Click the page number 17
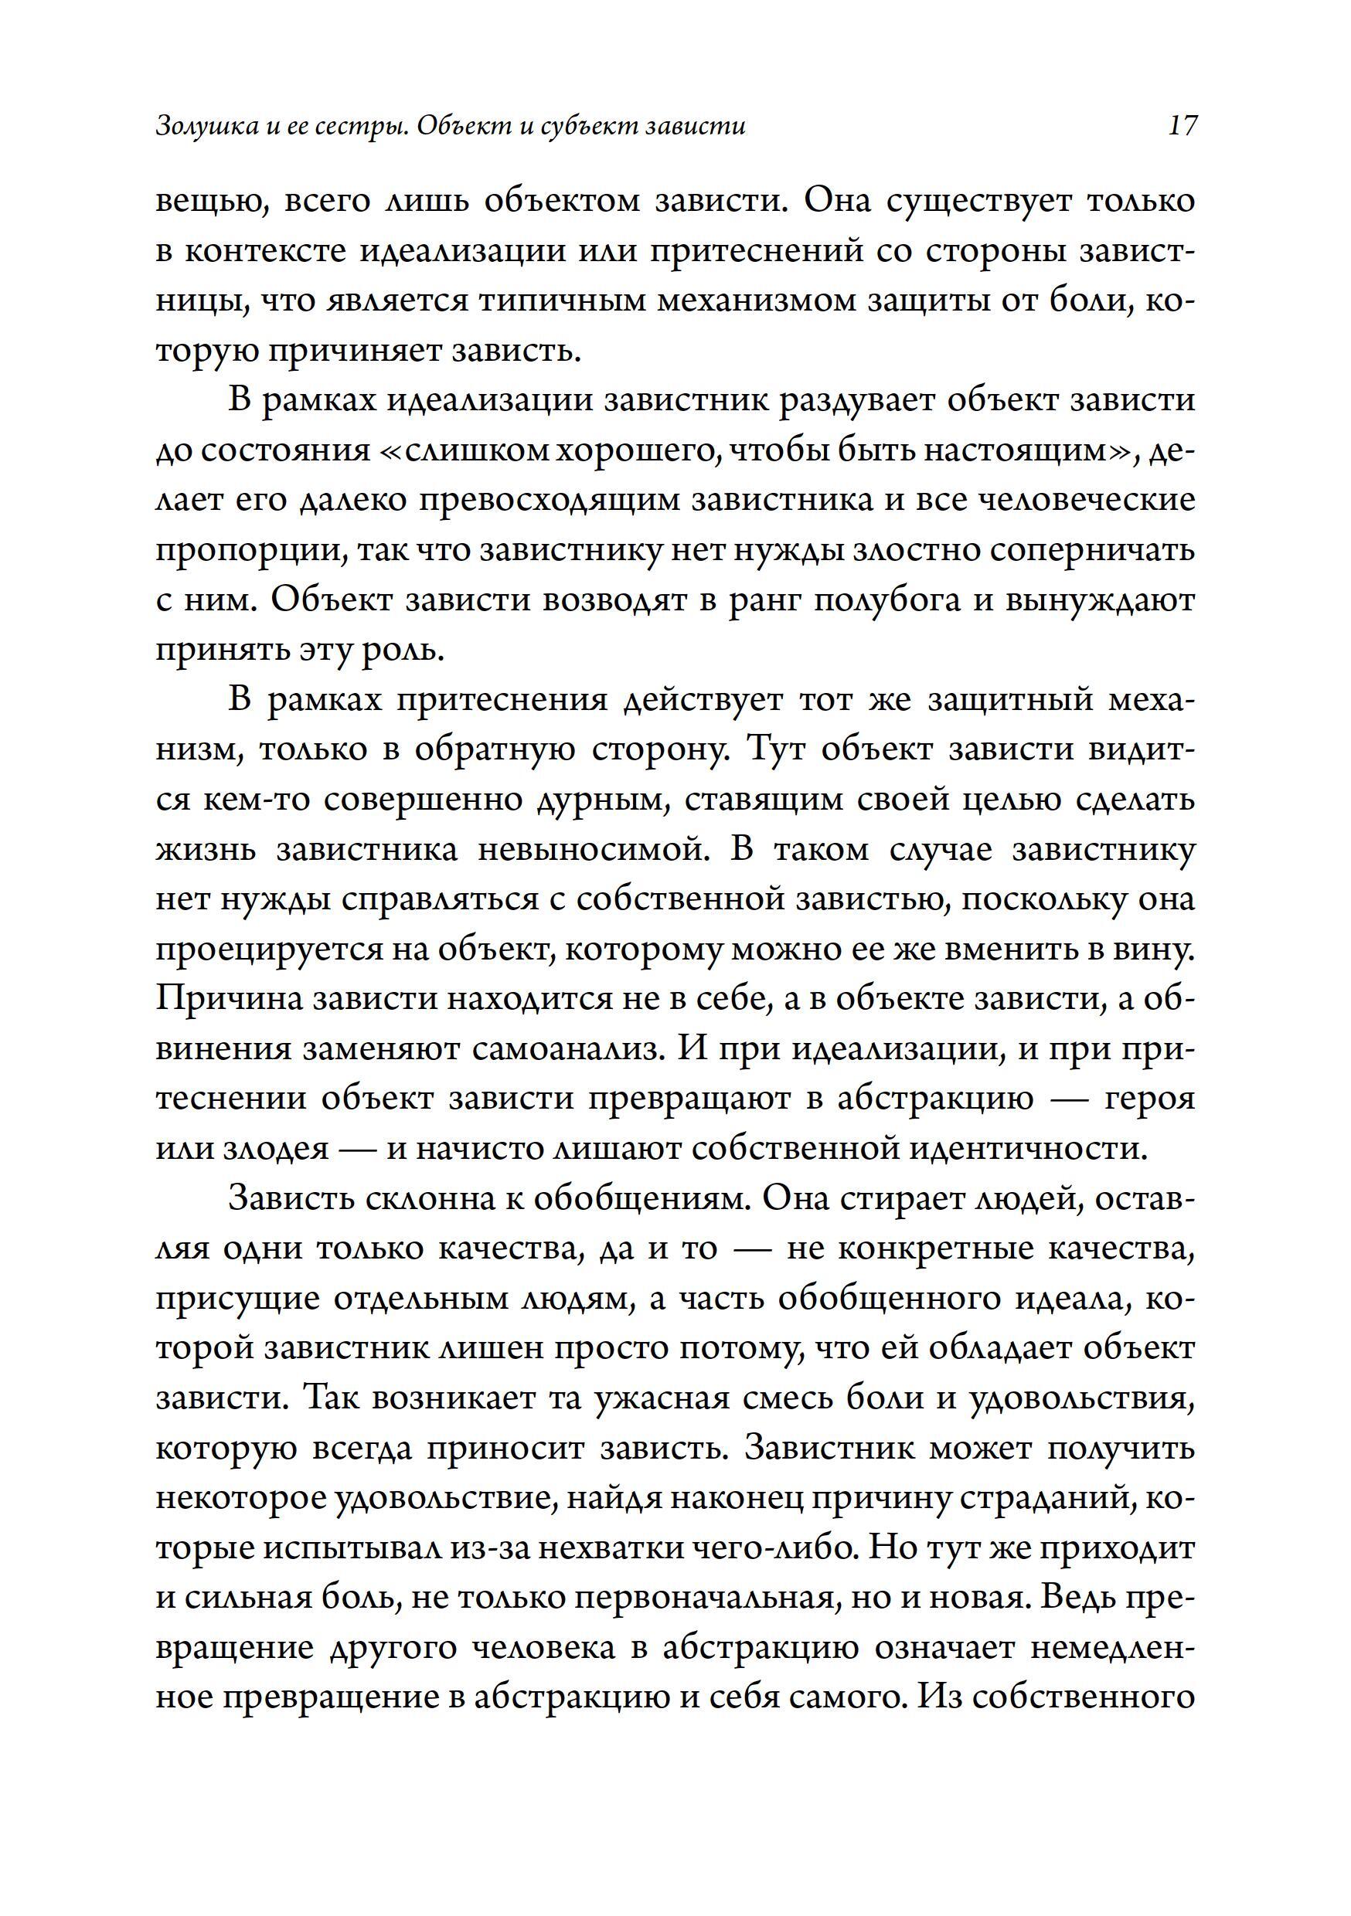click(1183, 126)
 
